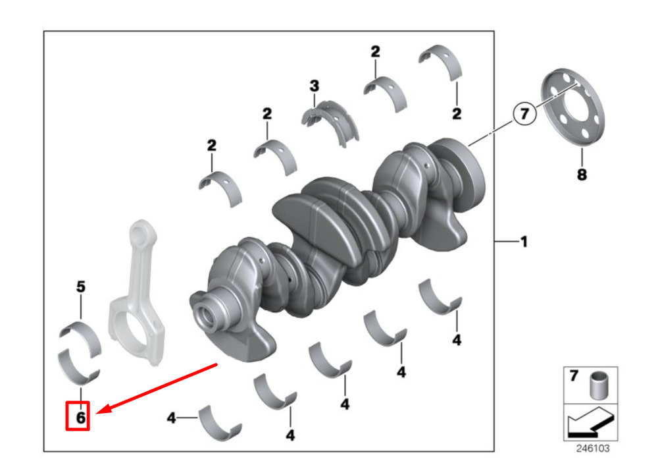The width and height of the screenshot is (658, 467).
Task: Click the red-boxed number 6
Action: (x=80, y=418)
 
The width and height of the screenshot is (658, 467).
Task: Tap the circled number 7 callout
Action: (x=524, y=113)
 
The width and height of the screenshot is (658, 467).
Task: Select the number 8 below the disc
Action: (x=582, y=175)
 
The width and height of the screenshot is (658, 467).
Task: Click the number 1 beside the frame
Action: (x=524, y=242)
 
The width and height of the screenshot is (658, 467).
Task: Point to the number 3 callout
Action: (x=315, y=86)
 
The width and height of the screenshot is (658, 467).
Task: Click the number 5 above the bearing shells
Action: (x=80, y=287)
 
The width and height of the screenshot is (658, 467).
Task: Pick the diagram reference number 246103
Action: (x=593, y=449)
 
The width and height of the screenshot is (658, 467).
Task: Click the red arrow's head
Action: (x=102, y=410)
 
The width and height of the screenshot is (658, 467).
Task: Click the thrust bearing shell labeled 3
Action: (x=330, y=122)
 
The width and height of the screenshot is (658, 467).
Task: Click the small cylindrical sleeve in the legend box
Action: (x=598, y=385)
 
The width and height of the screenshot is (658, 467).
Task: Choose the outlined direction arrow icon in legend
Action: (x=590, y=422)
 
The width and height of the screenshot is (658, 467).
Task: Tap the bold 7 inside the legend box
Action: (x=574, y=375)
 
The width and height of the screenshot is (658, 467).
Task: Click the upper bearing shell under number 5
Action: (x=80, y=339)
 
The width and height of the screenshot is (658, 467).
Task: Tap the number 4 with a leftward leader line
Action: (x=171, y=418)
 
